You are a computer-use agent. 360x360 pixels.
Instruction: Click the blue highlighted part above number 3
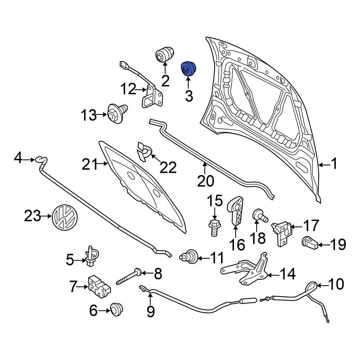point(188,69)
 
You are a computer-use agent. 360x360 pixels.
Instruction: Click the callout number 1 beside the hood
point(334,165)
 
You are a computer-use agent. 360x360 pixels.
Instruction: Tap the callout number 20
point(205,181)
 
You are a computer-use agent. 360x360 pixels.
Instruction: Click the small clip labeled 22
point(143,153)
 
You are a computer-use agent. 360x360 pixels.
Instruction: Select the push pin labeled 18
point(260,216)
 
